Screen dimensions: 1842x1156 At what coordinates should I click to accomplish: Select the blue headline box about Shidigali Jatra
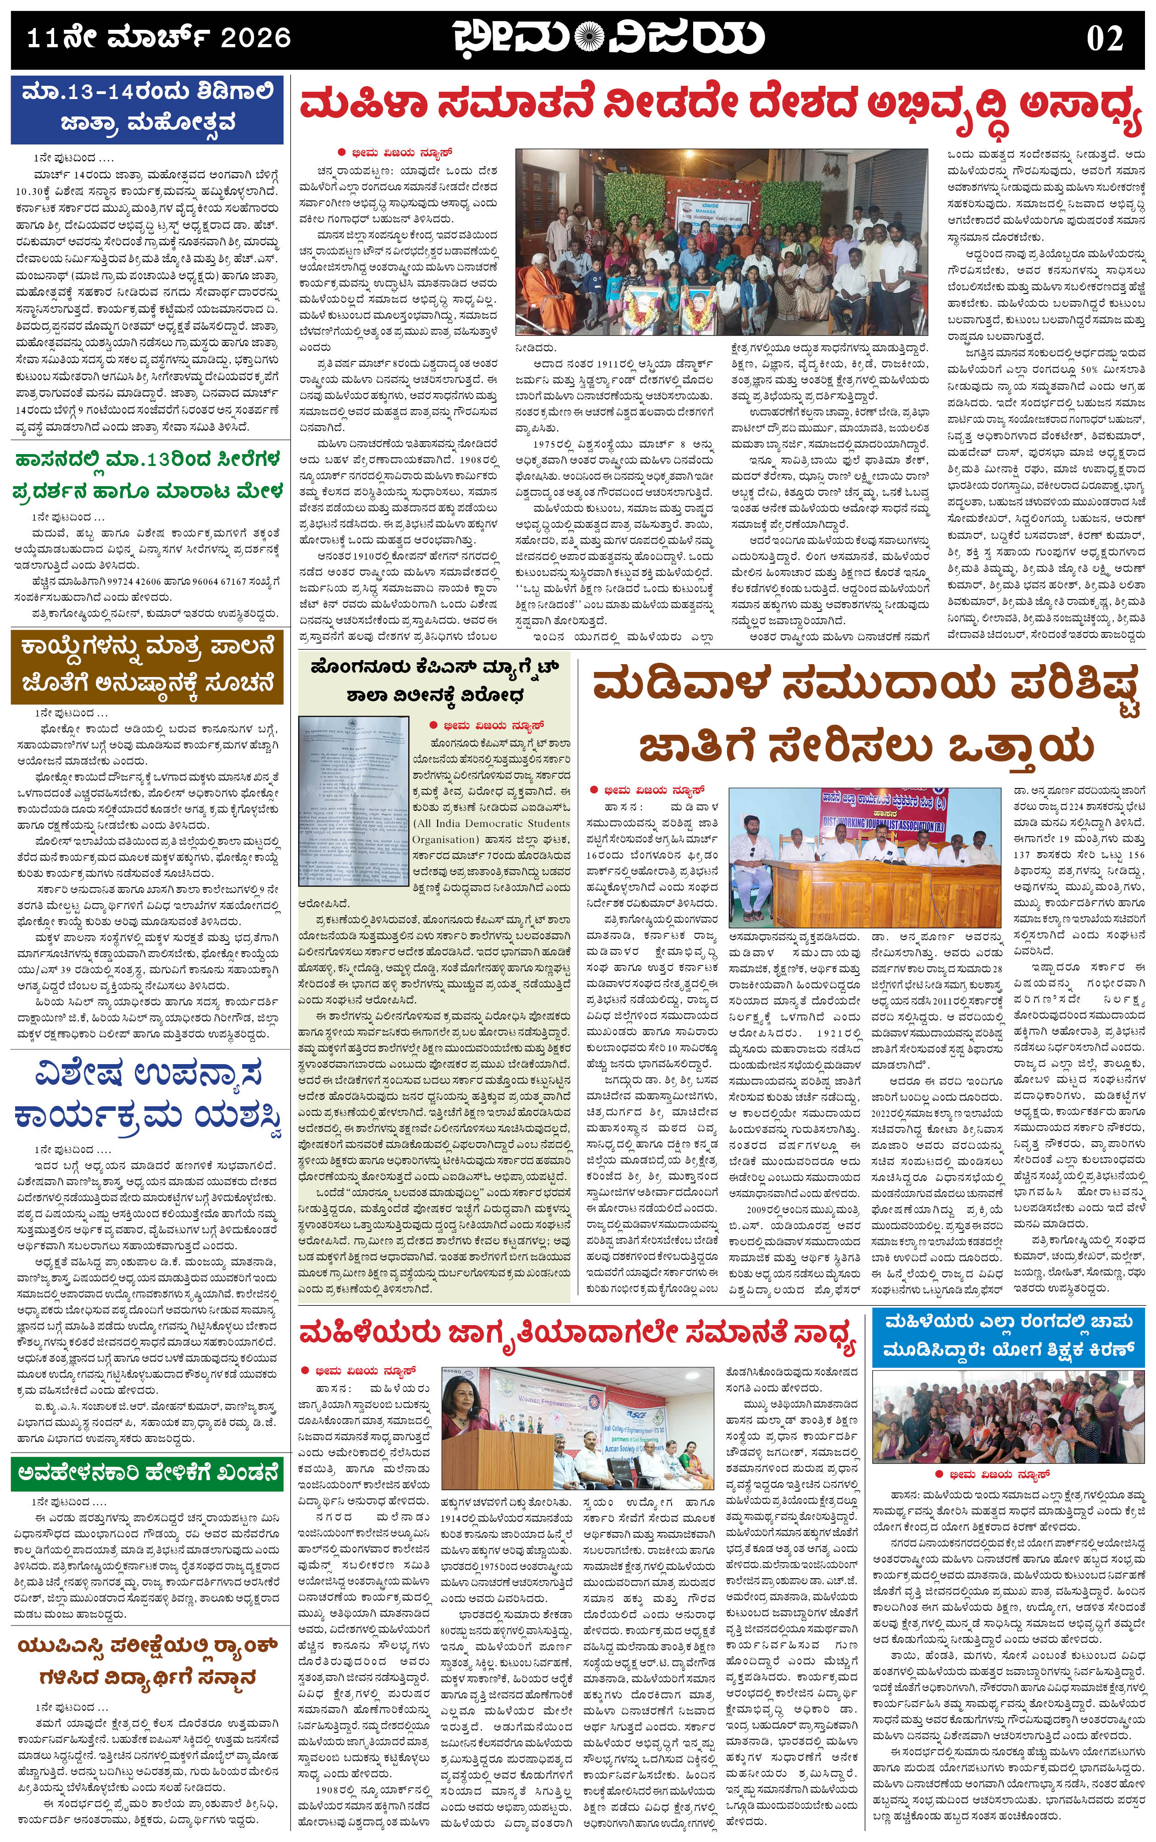coord(147,109)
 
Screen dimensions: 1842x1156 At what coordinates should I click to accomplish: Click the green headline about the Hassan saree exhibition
coord(147,475)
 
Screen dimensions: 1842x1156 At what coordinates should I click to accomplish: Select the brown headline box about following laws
coord(147,665)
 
